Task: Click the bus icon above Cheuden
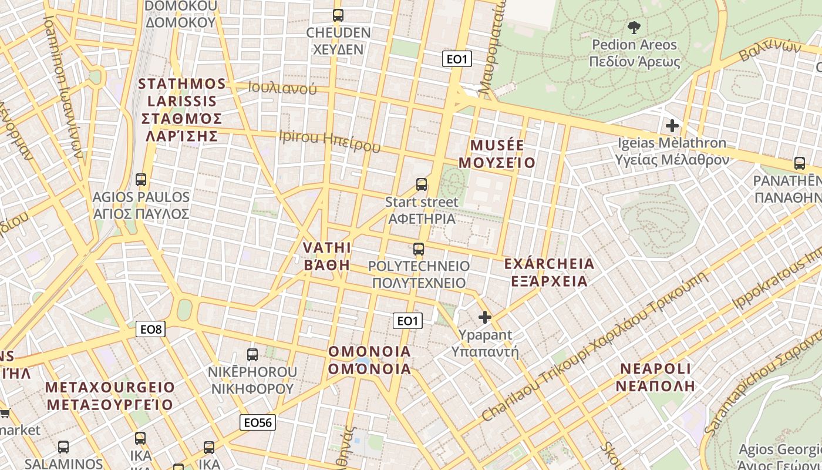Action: click(338, 15)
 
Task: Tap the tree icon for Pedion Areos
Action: click(634, 26)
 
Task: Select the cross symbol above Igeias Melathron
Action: click(672, 125)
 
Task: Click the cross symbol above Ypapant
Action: click(485, 317)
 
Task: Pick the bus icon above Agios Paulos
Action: click(140, 179)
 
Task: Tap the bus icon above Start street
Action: click(422, 184)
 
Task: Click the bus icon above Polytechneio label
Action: click(419, 249)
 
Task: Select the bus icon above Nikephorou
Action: click(252, 354)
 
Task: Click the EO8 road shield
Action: click(151, 329)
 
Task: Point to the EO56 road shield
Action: click(258, 422)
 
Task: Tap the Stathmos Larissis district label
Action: click(181, 110)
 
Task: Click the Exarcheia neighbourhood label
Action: click(550, 272)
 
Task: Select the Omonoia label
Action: click(369, 360)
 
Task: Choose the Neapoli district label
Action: click(656, 377)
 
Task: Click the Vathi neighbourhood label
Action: click(326, 256)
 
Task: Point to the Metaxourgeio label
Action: click(110, 396)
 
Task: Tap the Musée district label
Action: click(497, 154)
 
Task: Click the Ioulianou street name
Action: click(282, 89)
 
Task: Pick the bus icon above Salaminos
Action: click(63, 447)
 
